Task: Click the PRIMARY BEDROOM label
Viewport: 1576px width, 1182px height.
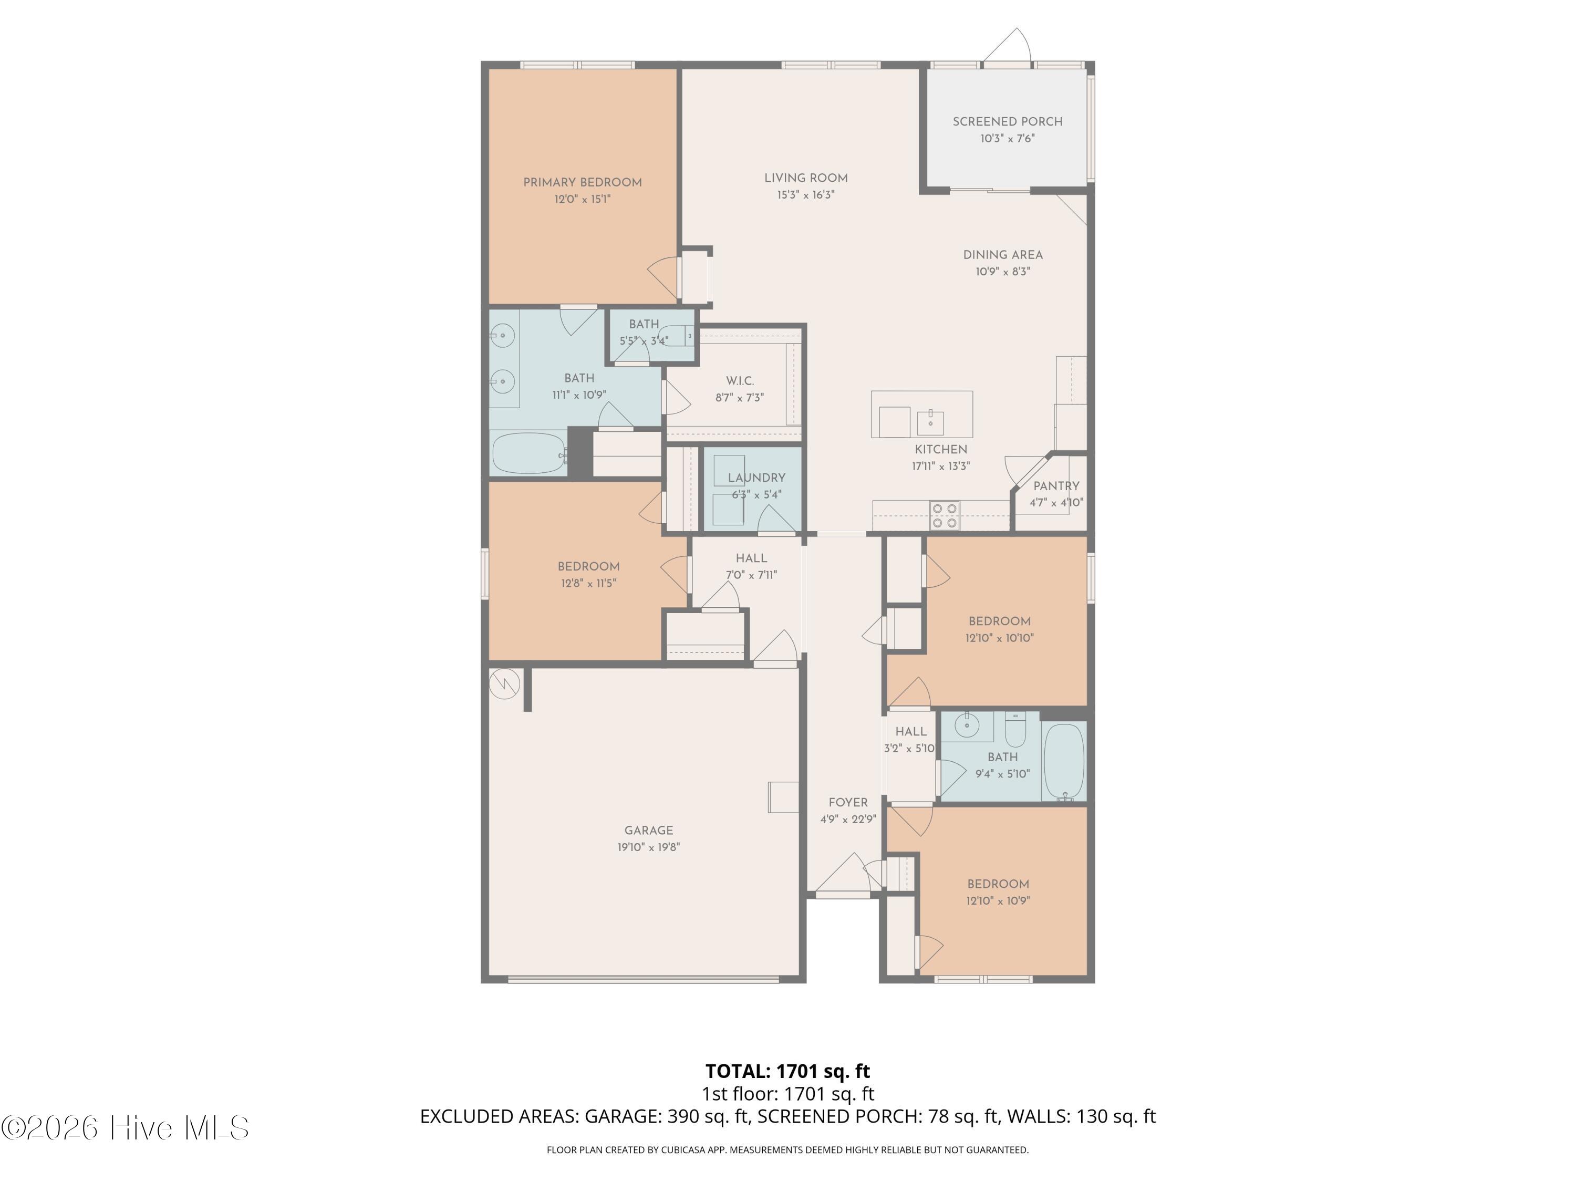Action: [582, 182]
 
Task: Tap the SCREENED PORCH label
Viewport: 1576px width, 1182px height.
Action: [1008, 122]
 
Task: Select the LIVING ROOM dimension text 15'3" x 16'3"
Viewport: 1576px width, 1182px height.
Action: [806, 194]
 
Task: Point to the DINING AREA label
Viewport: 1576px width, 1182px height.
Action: [1002, 255]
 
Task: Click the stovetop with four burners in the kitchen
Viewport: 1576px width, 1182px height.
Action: [945, 516]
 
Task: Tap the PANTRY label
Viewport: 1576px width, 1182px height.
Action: [1056, 486]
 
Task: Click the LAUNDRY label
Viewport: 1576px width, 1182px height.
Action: [756, 478]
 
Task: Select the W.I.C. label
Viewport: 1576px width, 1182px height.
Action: [740, 381]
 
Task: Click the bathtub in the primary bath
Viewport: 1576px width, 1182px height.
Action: [528, 453]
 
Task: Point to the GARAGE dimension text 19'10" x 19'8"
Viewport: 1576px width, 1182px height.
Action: [648, 847]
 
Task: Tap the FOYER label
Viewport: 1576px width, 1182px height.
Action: [848, 802]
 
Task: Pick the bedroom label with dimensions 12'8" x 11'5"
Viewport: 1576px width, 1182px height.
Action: [588, 566]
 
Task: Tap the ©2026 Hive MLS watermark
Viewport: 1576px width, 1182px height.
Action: [126, 1127]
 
